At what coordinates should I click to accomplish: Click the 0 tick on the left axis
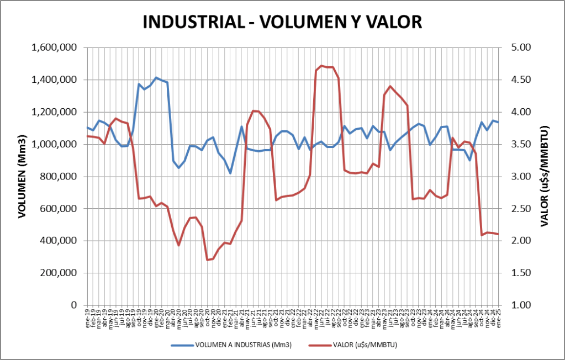pyautogui.click(x=74, y=305)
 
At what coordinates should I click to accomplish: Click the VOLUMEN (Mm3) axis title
pyautogui.click(x=23, y=176)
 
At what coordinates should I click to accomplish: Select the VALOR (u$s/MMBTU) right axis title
pyautogui.click(x=544, y=176)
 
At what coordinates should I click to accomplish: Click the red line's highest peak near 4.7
pyautogui.click(x=322, y=66)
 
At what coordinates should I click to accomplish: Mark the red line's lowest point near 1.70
pyautogui.click(x=208, y=260)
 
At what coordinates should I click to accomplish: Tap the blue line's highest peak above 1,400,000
pyautogui.click(x=156, y=78)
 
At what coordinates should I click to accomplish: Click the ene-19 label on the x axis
pyautogui.click(x=88, y=319)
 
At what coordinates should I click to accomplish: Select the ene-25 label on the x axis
pyautogui.click(x=499, y=319)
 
